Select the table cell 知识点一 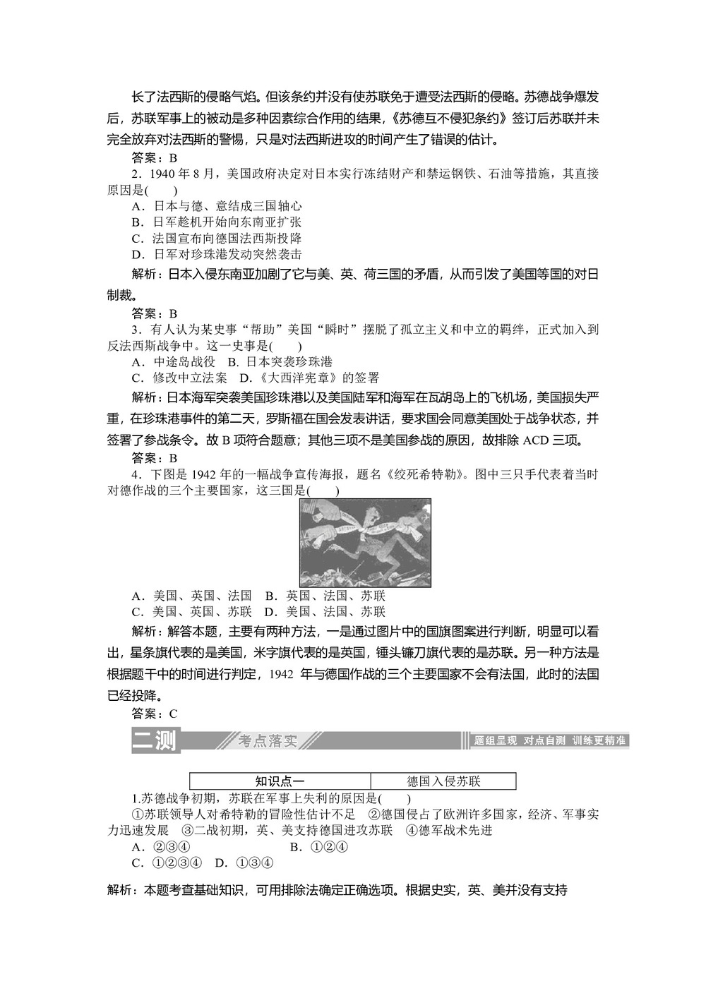[280, 781]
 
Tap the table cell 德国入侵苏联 [443, 781]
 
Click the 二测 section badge [155, 740]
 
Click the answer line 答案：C [155, 713]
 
